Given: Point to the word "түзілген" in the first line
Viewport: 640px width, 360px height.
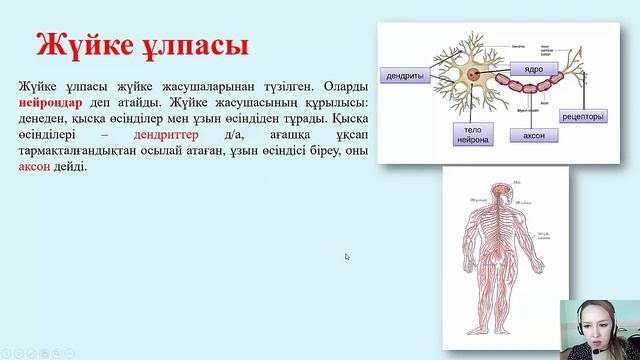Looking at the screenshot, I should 252,86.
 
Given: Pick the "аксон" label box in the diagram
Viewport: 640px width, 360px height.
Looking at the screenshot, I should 526,134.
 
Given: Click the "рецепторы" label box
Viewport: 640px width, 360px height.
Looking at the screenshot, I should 582,116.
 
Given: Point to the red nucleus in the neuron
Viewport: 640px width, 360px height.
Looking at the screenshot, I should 469,74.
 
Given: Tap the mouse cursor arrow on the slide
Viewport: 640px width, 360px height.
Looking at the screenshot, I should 347,256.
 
